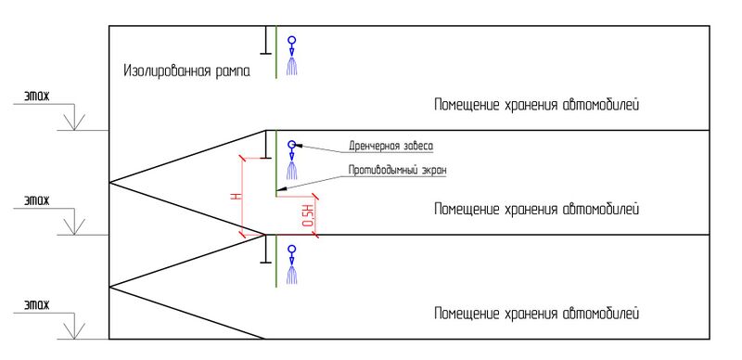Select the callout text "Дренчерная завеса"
[390, 146]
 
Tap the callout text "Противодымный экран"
[397, 170]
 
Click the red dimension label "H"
[237, 196]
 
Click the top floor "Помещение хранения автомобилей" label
[537, 105]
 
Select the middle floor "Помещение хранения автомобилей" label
[537, 210]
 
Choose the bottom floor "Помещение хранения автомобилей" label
[537, 313]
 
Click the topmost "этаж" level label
[36, 96]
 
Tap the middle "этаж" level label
[36, 200]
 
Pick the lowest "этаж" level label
[36, 304]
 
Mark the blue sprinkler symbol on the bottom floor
[293, 265]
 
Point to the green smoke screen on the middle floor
[276, 162]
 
